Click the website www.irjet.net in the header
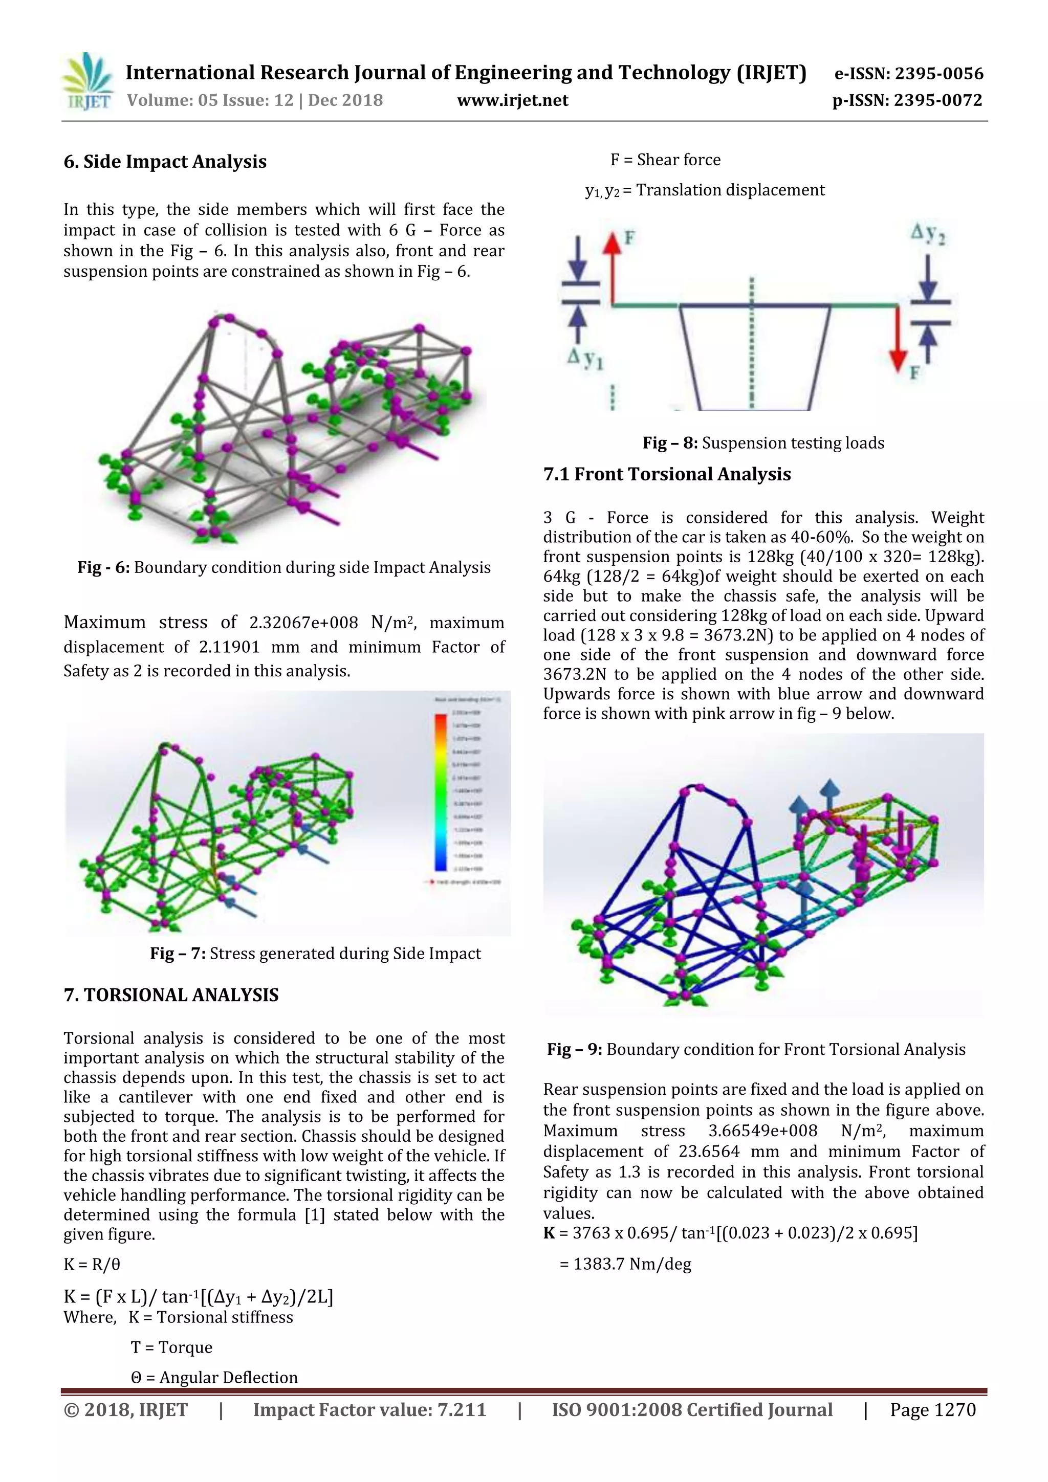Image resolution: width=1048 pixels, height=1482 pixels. (512, 101)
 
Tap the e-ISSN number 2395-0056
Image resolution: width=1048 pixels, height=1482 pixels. (939, 74)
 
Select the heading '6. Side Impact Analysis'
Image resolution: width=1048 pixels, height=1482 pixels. (165, 161)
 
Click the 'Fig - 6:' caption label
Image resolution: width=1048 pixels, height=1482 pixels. (103, 567)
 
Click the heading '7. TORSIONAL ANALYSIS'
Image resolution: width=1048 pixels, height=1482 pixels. (171, 994)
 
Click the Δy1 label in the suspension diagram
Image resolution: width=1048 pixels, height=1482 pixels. (585, 359)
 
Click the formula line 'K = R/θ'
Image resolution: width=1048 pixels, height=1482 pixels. (92, 1264)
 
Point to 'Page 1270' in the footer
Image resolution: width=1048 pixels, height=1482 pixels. (932, 1410)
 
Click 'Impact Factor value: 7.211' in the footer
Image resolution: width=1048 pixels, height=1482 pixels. (369, 1410)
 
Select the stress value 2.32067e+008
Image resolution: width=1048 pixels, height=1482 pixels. (303, 623)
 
